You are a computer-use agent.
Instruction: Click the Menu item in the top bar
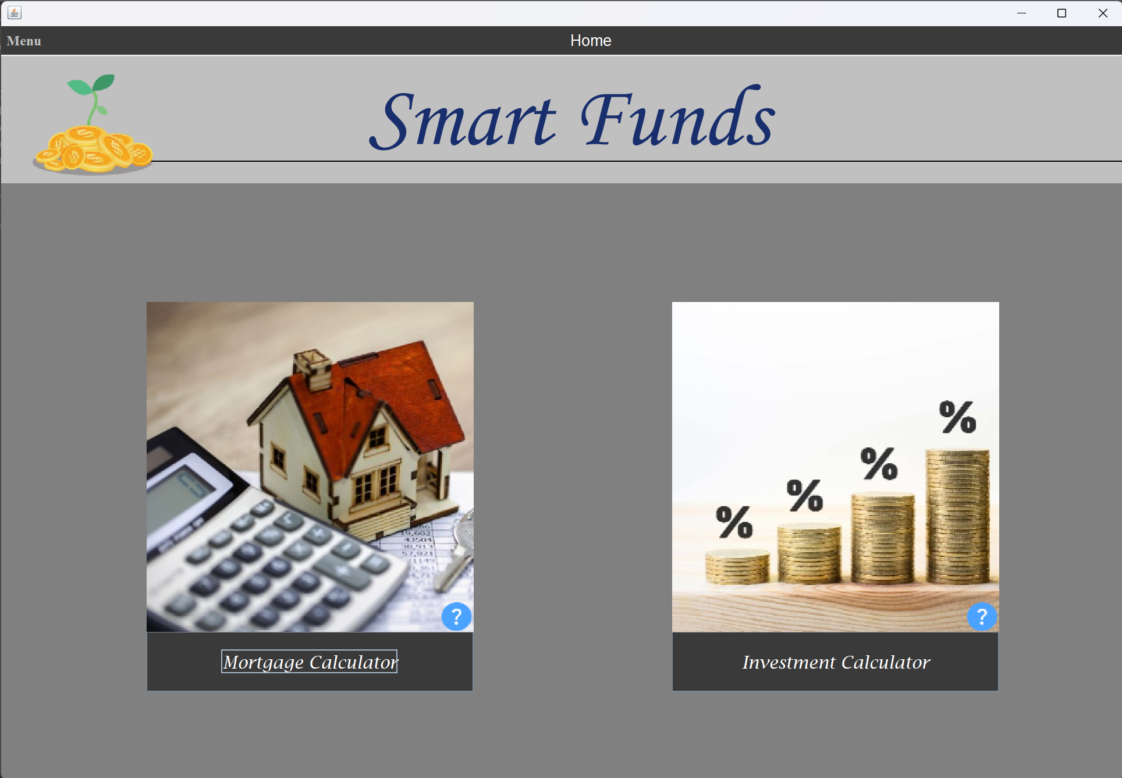point(24,41)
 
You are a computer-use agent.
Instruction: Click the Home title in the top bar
point(590,41)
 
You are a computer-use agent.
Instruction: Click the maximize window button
point(1061,13)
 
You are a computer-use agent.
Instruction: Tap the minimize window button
point(1021,13)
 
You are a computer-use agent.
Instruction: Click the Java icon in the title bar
point(15,13)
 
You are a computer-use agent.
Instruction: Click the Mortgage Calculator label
point(310,662)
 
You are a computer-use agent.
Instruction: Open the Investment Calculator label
point(836,662)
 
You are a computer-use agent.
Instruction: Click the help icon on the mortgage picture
point(456,616)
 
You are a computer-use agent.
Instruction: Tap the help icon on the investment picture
point(982,616)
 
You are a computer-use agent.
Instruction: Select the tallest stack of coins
point(957,515)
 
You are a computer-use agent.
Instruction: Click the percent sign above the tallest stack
point(957,417)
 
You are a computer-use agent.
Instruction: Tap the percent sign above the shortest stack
point(734,521)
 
